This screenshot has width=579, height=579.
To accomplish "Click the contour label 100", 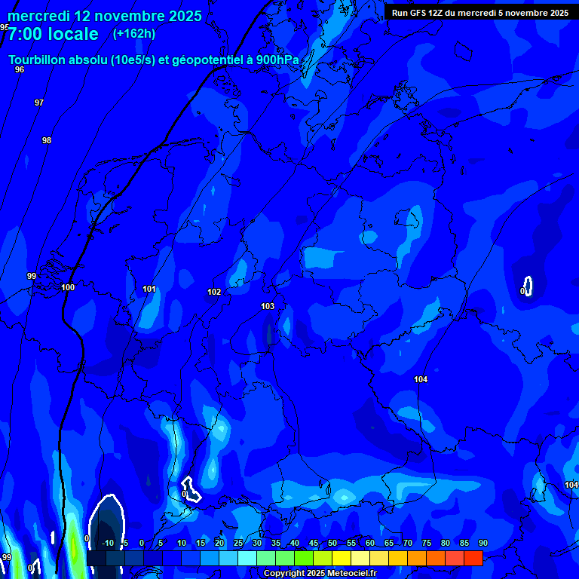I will [68, 287].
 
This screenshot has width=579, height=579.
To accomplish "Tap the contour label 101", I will [149, 289].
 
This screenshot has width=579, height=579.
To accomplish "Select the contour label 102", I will [214, 292].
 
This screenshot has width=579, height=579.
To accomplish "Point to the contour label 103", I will [268, 306].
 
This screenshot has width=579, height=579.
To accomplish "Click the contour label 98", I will [47, 140].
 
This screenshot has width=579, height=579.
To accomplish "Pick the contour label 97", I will [39, 103].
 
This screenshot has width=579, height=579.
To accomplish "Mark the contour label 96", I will [20, 69].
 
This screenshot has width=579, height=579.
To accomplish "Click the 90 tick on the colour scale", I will [482, 543].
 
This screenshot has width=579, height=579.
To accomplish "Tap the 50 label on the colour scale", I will [332, 543].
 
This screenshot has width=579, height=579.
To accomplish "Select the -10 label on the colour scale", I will [108, 543].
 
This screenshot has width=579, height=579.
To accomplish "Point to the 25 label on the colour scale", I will [238, 543].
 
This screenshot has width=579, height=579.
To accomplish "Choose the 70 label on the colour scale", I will [408, 543].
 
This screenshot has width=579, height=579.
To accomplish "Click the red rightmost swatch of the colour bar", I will [473, 558].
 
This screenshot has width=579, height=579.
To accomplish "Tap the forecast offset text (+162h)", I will [134, 34].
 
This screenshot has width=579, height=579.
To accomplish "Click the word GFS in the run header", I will [418, 13].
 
